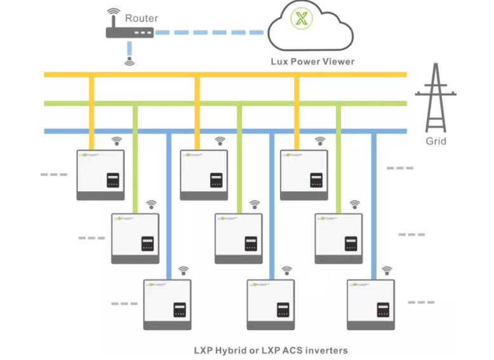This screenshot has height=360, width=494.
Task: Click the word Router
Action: (x=141, y=18)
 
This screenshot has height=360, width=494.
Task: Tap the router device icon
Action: (x=130, y=32)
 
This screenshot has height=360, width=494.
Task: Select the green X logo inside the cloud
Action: (x=300, y=18)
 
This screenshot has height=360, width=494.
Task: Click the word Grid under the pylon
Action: (x=436, y=141)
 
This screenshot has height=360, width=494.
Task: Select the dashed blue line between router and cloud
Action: (x=210, y=32)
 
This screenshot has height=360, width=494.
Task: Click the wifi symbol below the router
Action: (x=130, y=62)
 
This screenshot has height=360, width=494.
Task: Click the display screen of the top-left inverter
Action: (x=113, y=178)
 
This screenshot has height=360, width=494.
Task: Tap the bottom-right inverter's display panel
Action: (x=383, y=309)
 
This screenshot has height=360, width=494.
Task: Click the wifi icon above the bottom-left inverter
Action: (x=184, y=270)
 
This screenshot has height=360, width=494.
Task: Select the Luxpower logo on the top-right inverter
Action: (x=295, y=154)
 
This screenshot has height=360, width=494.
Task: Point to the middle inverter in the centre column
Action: (x=239, y=239)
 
